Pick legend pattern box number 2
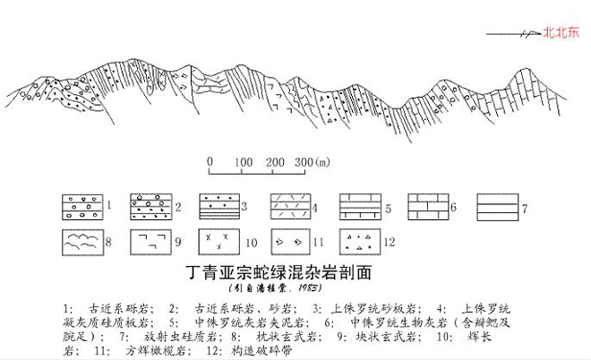(151, 207)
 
